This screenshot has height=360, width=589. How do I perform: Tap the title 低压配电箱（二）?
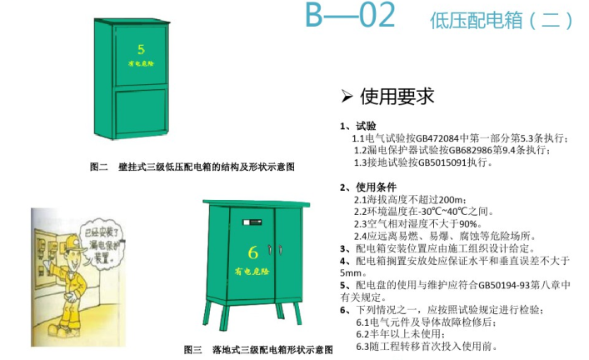pos(502,19)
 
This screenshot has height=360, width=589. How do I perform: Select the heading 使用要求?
pos(397,97)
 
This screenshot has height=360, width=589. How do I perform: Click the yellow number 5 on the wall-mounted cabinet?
pos(141,49)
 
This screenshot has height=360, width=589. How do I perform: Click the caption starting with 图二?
pos(192,167)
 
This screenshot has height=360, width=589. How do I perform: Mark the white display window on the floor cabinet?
pos(247,222)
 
